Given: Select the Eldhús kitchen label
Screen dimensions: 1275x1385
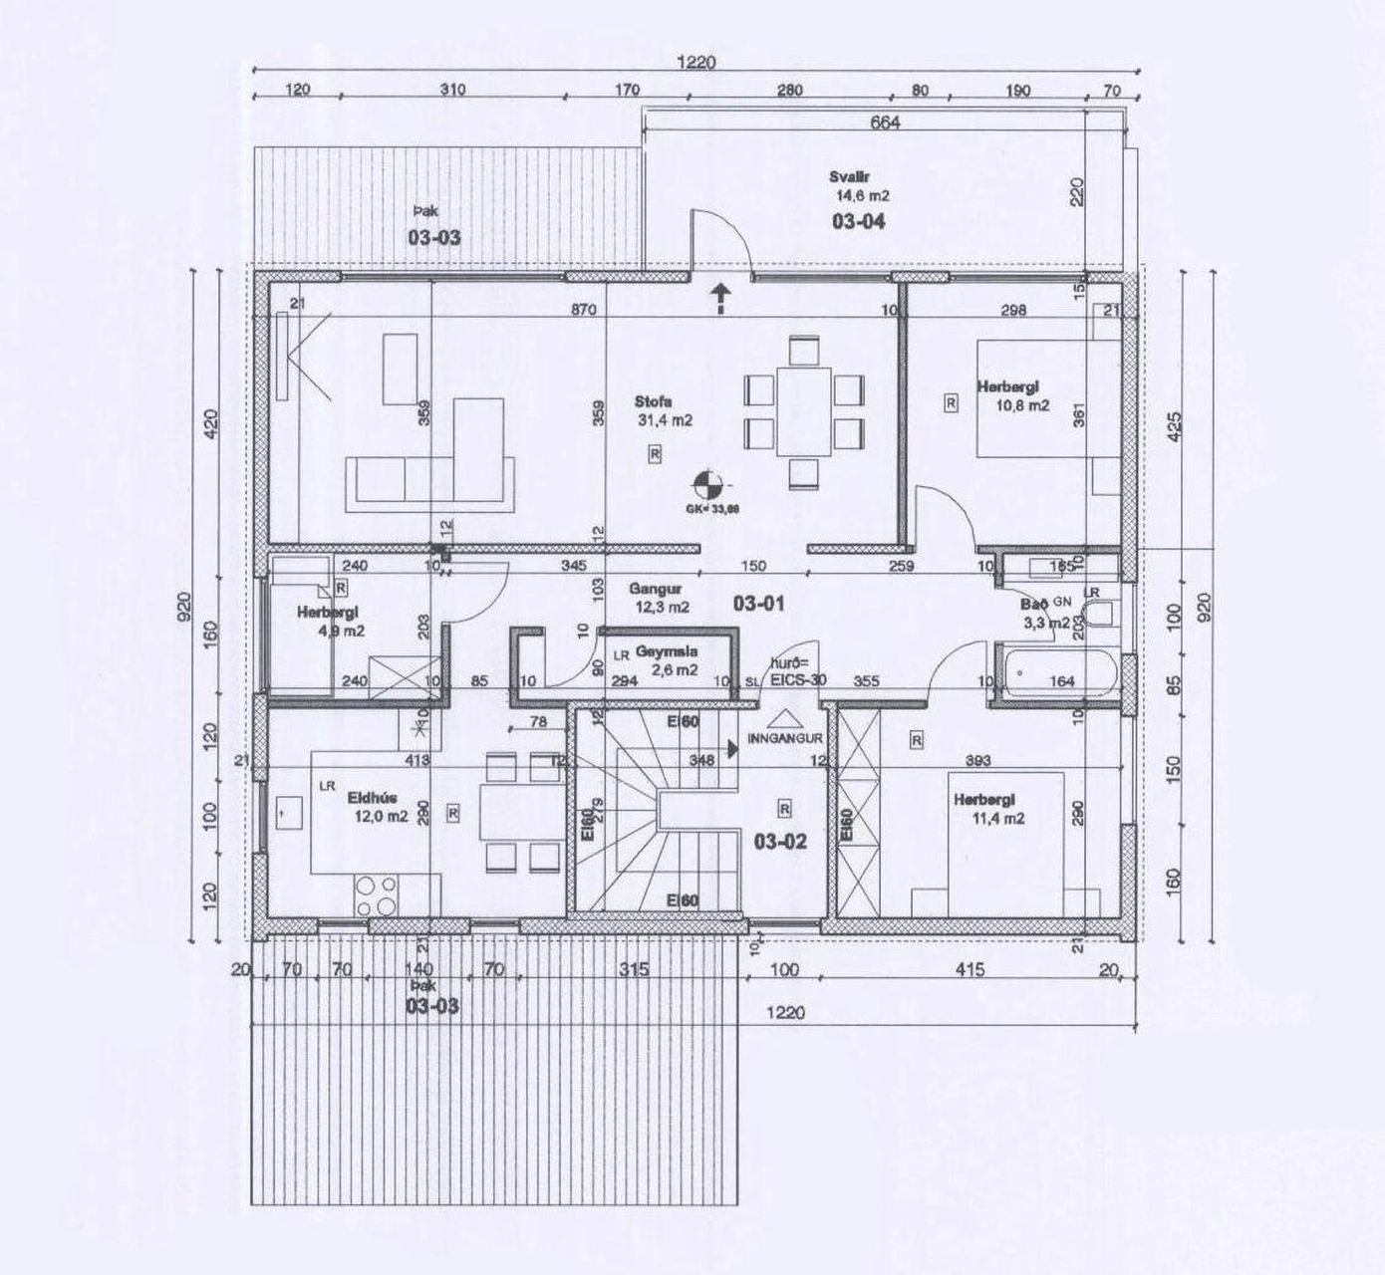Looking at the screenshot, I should tap(366, 797).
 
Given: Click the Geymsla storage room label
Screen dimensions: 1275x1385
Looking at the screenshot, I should tap(668, 650).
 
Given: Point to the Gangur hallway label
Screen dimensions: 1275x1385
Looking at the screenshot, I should tap(655, 588).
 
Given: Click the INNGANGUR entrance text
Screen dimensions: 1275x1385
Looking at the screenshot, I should tap(784, 738).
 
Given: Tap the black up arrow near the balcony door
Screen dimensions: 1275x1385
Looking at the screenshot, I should tap(719, 297).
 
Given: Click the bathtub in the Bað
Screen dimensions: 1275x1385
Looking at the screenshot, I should tap(1056, 669).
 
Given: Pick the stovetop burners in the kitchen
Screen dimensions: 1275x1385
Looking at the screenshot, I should tap(377, 894).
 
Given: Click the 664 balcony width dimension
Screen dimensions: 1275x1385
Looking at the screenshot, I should tap(885, 123).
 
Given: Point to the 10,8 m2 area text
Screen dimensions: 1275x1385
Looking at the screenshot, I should tap(1023, 405).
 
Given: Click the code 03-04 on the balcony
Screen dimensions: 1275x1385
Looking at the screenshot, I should tap(858, 221).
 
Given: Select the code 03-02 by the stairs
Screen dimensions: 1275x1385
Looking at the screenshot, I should tap(780, 843).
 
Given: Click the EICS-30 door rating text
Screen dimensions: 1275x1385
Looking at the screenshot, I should tap(799, 680).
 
